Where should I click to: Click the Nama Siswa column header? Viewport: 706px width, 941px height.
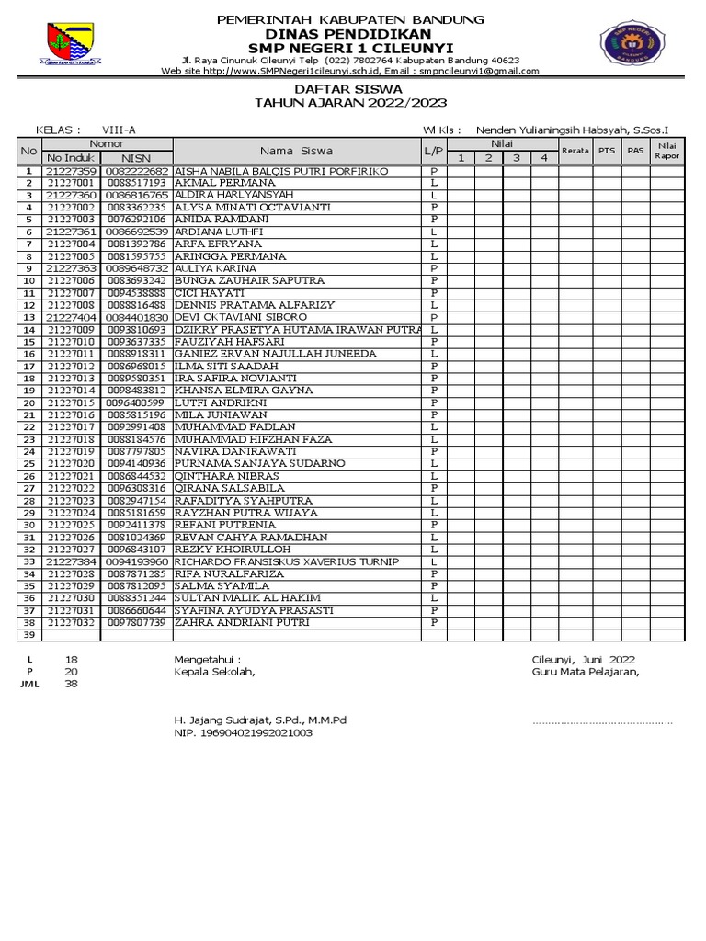pos(296,151)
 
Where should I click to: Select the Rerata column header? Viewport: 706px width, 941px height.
pos(575,151)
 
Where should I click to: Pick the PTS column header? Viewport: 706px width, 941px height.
pos(607,151)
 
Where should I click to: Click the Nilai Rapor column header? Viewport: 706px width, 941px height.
pos(666,151)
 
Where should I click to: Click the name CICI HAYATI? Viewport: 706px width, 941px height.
pos(207,293)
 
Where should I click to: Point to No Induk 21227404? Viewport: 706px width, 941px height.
pos(72,317)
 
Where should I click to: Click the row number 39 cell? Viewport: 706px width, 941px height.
pos(28,635)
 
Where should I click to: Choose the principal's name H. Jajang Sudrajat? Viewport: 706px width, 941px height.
pos(260,720)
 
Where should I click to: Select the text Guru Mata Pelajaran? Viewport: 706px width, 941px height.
pos(585,672)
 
